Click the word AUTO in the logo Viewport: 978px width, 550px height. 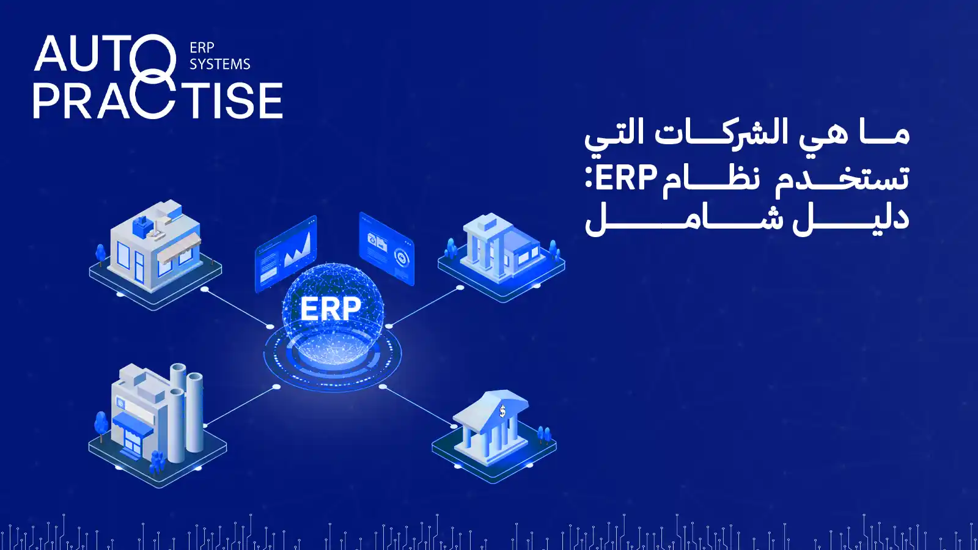pyautogui.click(x=105, y=53)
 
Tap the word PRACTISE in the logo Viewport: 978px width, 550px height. pyautogui.click(x=158, y=100)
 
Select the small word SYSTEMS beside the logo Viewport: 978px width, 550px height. pyautogui.click(x=219, y=65)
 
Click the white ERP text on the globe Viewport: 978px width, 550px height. pyautogui.click(x=331, y=309)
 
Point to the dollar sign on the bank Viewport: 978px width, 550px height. pyautogui.click(x=502, y=411)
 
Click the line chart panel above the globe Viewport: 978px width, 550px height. pyautogui.click(x=286, y=254)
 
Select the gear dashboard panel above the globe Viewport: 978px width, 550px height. pyautogui.click(x=386, y=249)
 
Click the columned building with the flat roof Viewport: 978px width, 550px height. pyautogui.click(x=502, y=248)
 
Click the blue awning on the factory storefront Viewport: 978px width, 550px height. pyautogui.click(x=132, y=424)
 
